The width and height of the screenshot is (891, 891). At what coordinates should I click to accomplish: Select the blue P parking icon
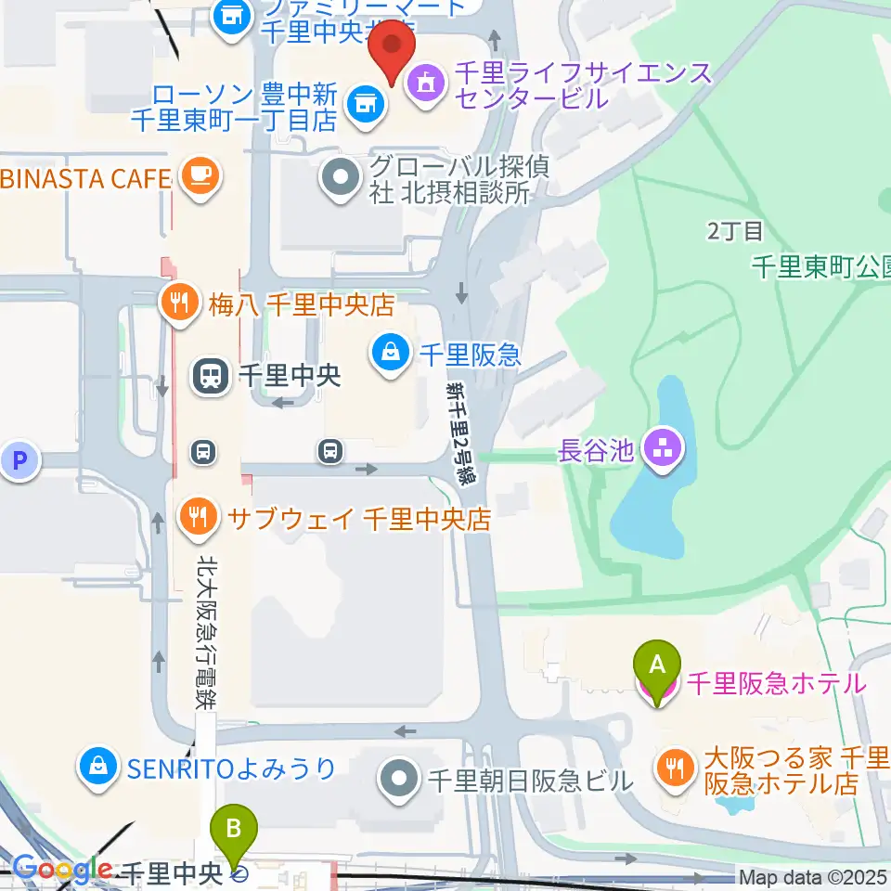(x=20, y=461)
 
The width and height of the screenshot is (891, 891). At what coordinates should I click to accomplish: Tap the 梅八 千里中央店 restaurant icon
(x=176, y=304)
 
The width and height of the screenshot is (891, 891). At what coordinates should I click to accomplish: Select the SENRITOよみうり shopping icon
(x=97, y=768)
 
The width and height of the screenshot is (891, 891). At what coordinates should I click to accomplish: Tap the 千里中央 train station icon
(x=210, y=376)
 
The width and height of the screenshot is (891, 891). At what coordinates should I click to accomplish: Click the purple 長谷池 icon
(x=665, y=451)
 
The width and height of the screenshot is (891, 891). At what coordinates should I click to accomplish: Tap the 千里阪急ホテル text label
(x=776, y=685)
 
